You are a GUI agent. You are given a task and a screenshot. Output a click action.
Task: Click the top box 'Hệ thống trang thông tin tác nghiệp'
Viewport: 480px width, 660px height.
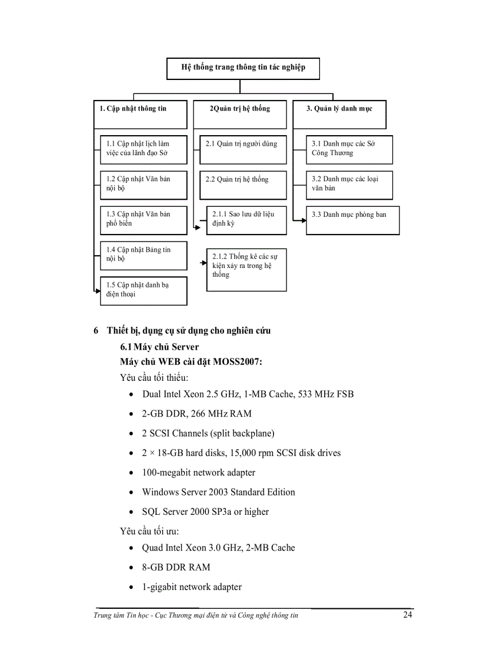pos(244,68)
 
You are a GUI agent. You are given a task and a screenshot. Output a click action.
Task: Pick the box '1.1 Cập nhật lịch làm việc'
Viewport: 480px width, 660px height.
pos(143,149)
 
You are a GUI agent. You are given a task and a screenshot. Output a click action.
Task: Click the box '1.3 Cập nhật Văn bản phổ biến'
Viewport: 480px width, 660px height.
pos(143,219)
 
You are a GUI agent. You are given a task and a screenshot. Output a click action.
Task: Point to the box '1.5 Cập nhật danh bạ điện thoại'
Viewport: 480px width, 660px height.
pos(143,290)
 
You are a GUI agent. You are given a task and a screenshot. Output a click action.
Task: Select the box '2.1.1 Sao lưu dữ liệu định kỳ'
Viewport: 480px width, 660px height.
pos(246,220)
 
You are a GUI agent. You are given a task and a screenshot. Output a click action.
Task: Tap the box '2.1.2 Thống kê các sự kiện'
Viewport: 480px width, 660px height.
pos(246,269)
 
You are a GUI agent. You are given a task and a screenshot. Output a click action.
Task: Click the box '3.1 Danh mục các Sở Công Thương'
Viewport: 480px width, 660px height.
pos(348,149)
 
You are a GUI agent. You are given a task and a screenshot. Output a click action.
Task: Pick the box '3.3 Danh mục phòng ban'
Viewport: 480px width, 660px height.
pos(352,220)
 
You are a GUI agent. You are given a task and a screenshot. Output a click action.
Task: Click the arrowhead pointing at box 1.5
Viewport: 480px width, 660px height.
pos(97,290)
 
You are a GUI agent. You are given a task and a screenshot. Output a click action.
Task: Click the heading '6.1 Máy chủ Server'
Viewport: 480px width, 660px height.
pos(159,347)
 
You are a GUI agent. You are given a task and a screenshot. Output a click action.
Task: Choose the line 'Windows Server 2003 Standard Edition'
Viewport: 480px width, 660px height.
pos(218,492)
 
